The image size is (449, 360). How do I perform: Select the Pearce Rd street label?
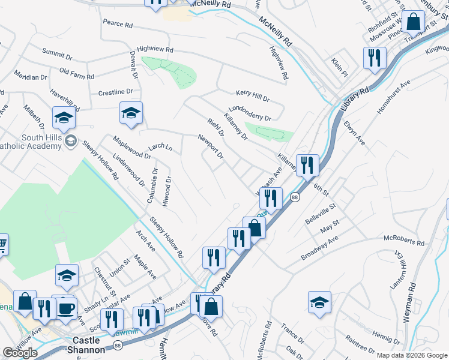click(117, 24)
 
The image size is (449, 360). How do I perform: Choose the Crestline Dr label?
click(115, 92)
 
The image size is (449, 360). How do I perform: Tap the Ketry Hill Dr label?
click(252, 95)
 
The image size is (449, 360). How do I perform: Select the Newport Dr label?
click(211, 146)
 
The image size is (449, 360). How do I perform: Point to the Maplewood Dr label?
click(131, 147)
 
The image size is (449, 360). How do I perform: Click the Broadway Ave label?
click(320, 247)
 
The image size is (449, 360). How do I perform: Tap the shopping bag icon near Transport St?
click(414, 22)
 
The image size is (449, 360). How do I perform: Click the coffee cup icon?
click(66, 308)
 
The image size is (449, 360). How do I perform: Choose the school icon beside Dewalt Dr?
click(131, 112)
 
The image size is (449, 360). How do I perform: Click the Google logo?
click(20, 353)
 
